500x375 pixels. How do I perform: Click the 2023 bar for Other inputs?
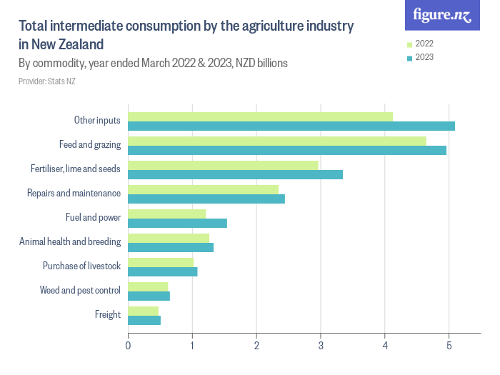click(291, 126)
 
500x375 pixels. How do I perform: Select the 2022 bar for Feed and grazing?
click(277, 141)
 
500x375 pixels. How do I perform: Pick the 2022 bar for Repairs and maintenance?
click(203, 189)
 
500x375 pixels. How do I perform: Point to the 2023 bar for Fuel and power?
click(177, 224)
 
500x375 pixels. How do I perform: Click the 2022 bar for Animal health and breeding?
click(169, 238)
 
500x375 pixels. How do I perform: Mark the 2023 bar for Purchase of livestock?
click(162, 272)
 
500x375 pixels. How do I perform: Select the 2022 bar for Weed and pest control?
click(148, 286)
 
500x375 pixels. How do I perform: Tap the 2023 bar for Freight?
click(144, 321)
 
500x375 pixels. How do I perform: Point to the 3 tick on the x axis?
click(321, 346)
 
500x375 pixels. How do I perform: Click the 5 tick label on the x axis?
click(449, 346)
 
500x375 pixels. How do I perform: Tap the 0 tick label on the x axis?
click(128, 346)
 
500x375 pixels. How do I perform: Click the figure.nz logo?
click(442, 16)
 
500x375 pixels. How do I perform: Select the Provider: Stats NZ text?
click(47, 81)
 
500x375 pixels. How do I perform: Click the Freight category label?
click(107, 314)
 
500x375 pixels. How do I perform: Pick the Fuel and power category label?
click(93, 217)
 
